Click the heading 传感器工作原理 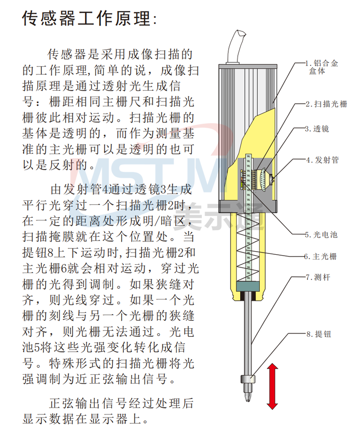coord(89,19)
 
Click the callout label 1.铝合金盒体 coord(322,67)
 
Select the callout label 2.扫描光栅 coord(326,104)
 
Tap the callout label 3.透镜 coord(317,129)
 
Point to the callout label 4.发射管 coord(322,160)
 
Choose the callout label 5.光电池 coord(321,235)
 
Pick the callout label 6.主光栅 coord(320,257)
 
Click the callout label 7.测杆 coord(318,277)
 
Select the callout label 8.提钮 coord(319,334)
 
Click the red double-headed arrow coord(273,386)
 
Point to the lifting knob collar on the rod coord(248,379)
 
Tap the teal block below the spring coord(248,286)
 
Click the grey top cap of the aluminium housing coord(248,66)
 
